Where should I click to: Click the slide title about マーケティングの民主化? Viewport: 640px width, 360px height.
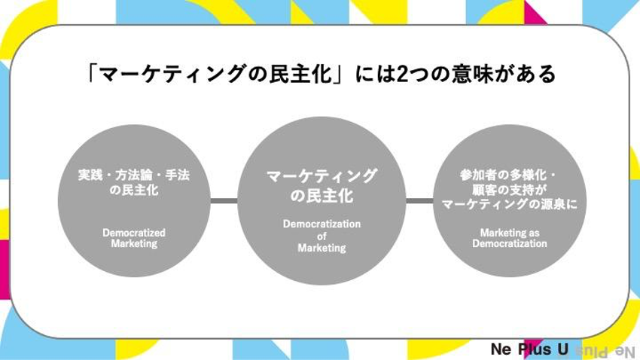(322, 74)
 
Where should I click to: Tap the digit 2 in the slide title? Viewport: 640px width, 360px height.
(402, 75)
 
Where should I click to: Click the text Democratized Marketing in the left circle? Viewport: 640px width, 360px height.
(134, 238)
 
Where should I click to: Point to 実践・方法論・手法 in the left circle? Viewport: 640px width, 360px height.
(134, 175)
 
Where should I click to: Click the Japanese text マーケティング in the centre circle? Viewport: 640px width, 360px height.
(322, 176)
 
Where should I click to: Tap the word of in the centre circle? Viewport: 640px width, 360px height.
(322, 236)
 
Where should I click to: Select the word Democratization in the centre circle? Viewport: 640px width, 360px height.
(322, 224)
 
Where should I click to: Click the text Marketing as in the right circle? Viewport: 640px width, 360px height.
(510, 233)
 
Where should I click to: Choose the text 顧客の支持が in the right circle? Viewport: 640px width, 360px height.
(510, 189)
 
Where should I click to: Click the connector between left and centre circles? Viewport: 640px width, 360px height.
(224, 200)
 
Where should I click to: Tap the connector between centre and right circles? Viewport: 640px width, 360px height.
(419, 200)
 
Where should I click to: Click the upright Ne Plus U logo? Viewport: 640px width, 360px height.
(529, 349)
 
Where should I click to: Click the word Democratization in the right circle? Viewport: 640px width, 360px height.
(510, 244)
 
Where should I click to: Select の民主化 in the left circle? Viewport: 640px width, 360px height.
(134, 190)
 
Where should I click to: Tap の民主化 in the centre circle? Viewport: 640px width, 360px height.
(322, 196)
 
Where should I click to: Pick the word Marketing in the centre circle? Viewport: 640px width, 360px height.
(322, 248)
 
